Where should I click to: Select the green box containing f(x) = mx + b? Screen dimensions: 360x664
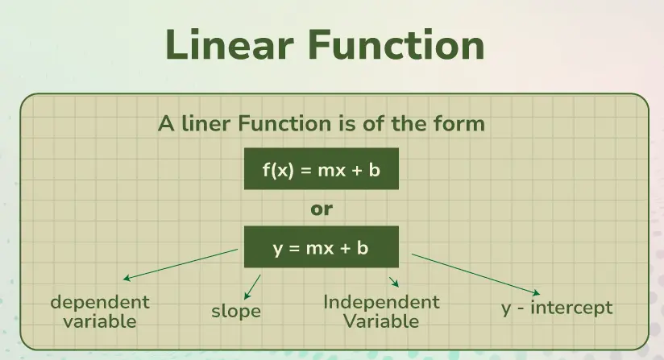322,169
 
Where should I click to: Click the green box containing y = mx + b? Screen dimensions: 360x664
322,247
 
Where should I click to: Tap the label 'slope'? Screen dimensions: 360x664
236,310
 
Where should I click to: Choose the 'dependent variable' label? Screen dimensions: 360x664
100,311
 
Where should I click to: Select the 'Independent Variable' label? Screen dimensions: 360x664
381,312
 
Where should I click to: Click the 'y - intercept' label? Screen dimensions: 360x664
557,307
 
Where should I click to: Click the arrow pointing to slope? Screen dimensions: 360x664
252,285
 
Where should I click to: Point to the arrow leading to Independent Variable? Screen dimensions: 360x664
394,281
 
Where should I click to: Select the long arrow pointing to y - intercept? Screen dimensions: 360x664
475,274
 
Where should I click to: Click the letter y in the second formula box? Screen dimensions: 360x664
277,249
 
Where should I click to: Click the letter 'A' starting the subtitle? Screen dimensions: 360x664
166,124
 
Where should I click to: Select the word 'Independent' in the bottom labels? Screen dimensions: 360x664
381,303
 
